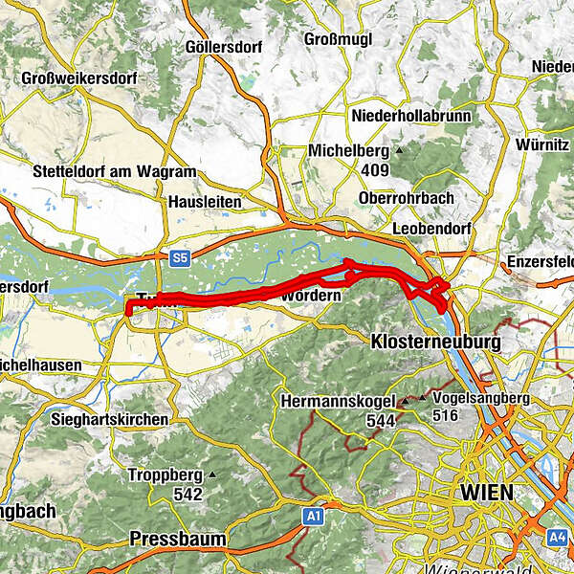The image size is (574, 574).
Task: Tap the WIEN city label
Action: point(486,493)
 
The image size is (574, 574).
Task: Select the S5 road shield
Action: point(180,258)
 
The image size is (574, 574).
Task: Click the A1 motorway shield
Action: point(313,517)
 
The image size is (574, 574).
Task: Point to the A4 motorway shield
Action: point(557,539)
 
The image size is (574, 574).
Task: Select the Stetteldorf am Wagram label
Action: point(113,172)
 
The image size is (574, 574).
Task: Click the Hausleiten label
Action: point(204,202)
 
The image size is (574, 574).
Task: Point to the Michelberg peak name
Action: point(347,151)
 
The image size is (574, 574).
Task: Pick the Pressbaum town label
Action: point(179,539)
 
